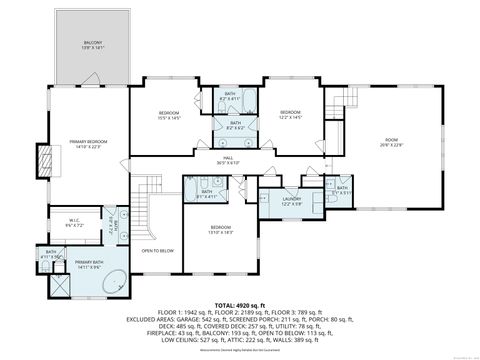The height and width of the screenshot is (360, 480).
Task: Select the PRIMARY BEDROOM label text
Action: (x=88, y=145)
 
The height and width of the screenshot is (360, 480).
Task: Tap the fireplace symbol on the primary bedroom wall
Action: (x=42, y=158)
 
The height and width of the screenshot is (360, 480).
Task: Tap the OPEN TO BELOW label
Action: (x=158, y=251)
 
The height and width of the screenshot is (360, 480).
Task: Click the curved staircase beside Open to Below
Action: (x=148, y=205)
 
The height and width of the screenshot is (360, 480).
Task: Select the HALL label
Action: (x=228, y=162)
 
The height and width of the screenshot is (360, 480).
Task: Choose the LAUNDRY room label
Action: (x=291, y=201)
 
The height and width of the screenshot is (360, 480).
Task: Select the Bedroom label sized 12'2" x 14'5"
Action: (x=291, y=113)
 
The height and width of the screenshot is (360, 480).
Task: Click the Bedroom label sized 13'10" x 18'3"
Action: (x=221, y=231)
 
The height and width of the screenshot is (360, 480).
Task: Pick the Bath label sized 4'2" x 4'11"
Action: (x=230, y=97)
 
